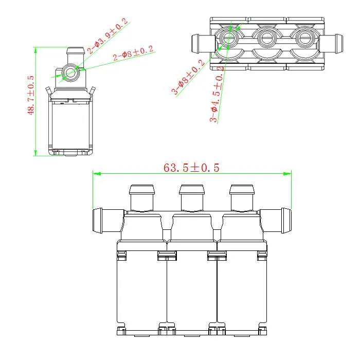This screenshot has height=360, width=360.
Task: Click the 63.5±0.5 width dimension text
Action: tap(192, 167)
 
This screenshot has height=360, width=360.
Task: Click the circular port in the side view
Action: tap(69, 74)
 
